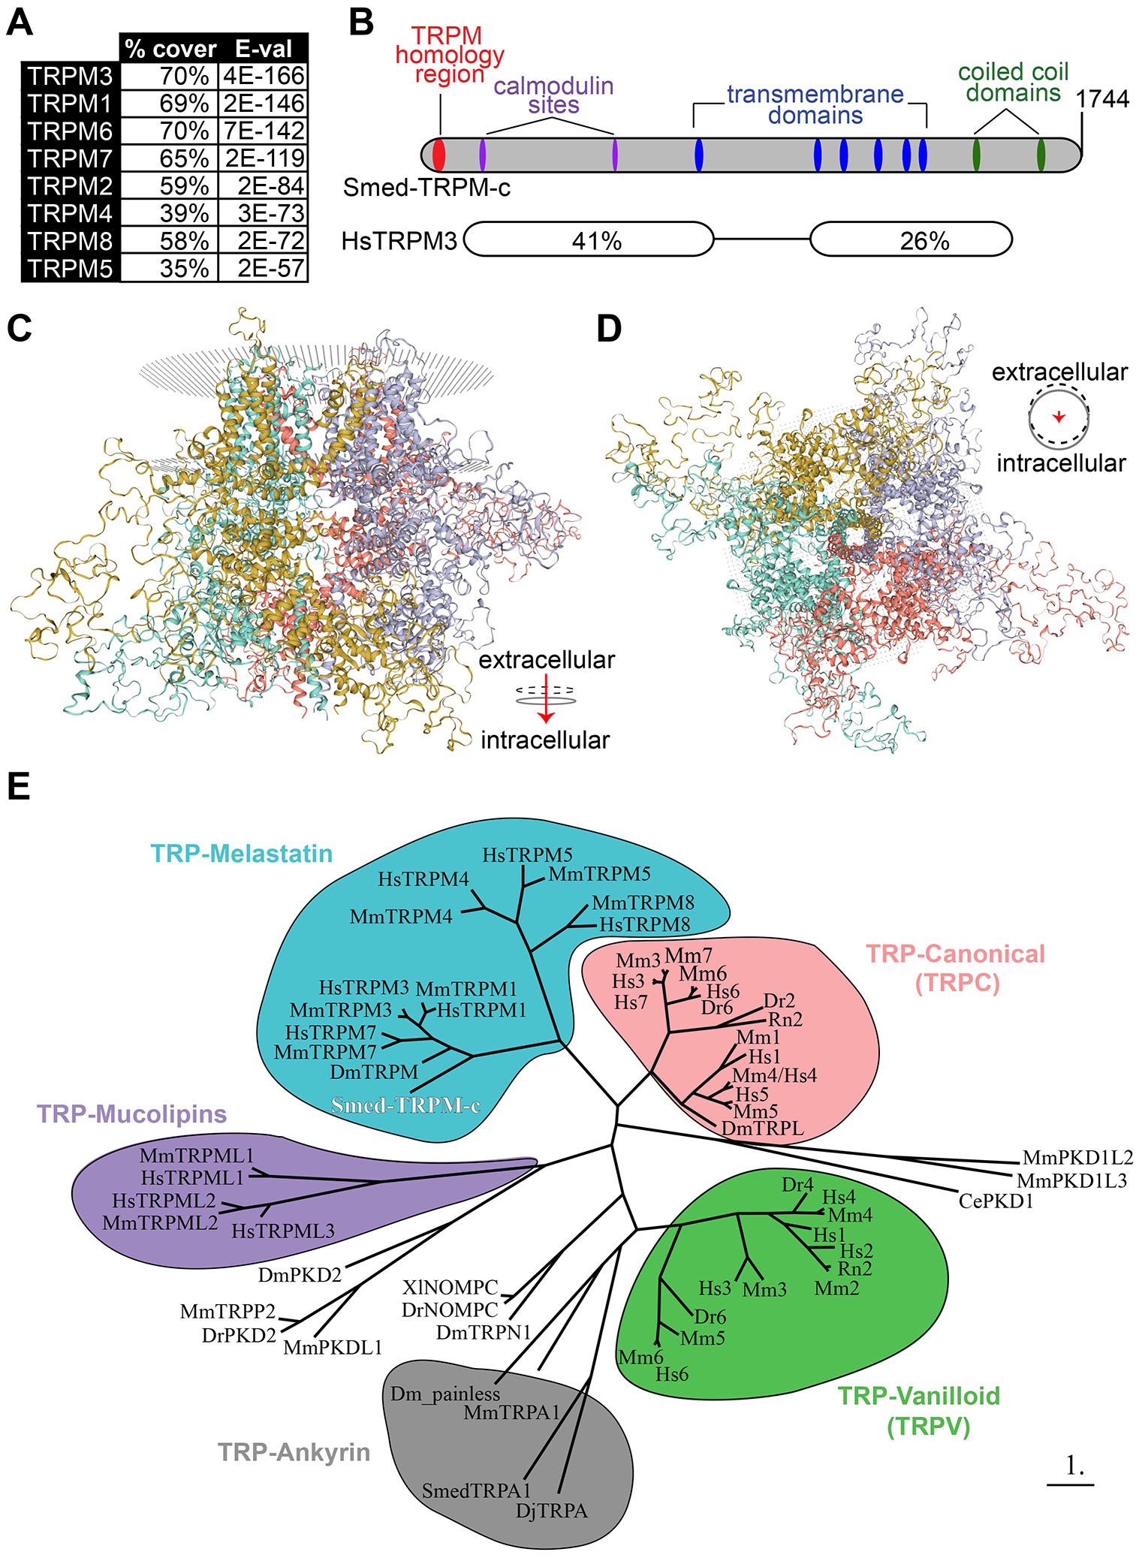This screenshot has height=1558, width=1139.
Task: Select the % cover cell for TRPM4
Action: [170, 213]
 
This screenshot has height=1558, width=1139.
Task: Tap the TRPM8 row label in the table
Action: [71, 241]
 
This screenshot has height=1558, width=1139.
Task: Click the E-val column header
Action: [264, 49]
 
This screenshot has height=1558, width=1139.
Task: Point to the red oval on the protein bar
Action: [439, 154]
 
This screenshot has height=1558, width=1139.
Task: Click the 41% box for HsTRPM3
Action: [589, 240]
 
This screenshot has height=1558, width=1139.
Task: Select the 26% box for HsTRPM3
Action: [911, 240]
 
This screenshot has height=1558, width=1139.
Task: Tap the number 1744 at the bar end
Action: [1101, 99]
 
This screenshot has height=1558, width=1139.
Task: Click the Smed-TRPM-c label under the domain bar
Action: [426, 188]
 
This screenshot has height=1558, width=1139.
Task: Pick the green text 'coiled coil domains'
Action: [1013, 83]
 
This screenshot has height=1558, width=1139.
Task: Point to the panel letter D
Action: [608, 328]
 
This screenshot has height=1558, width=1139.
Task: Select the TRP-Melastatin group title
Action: [241, 854]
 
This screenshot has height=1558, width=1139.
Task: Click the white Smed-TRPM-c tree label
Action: [405, 1105]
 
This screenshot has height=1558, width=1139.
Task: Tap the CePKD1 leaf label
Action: [996, 1201]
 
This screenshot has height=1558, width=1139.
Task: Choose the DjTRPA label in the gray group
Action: [551, 1511]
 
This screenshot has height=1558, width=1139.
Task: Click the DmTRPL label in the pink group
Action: [762, 1128]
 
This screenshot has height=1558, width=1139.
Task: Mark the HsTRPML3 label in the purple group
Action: [282, 1231]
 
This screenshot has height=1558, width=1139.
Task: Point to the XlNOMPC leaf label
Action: [450, 1288]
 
